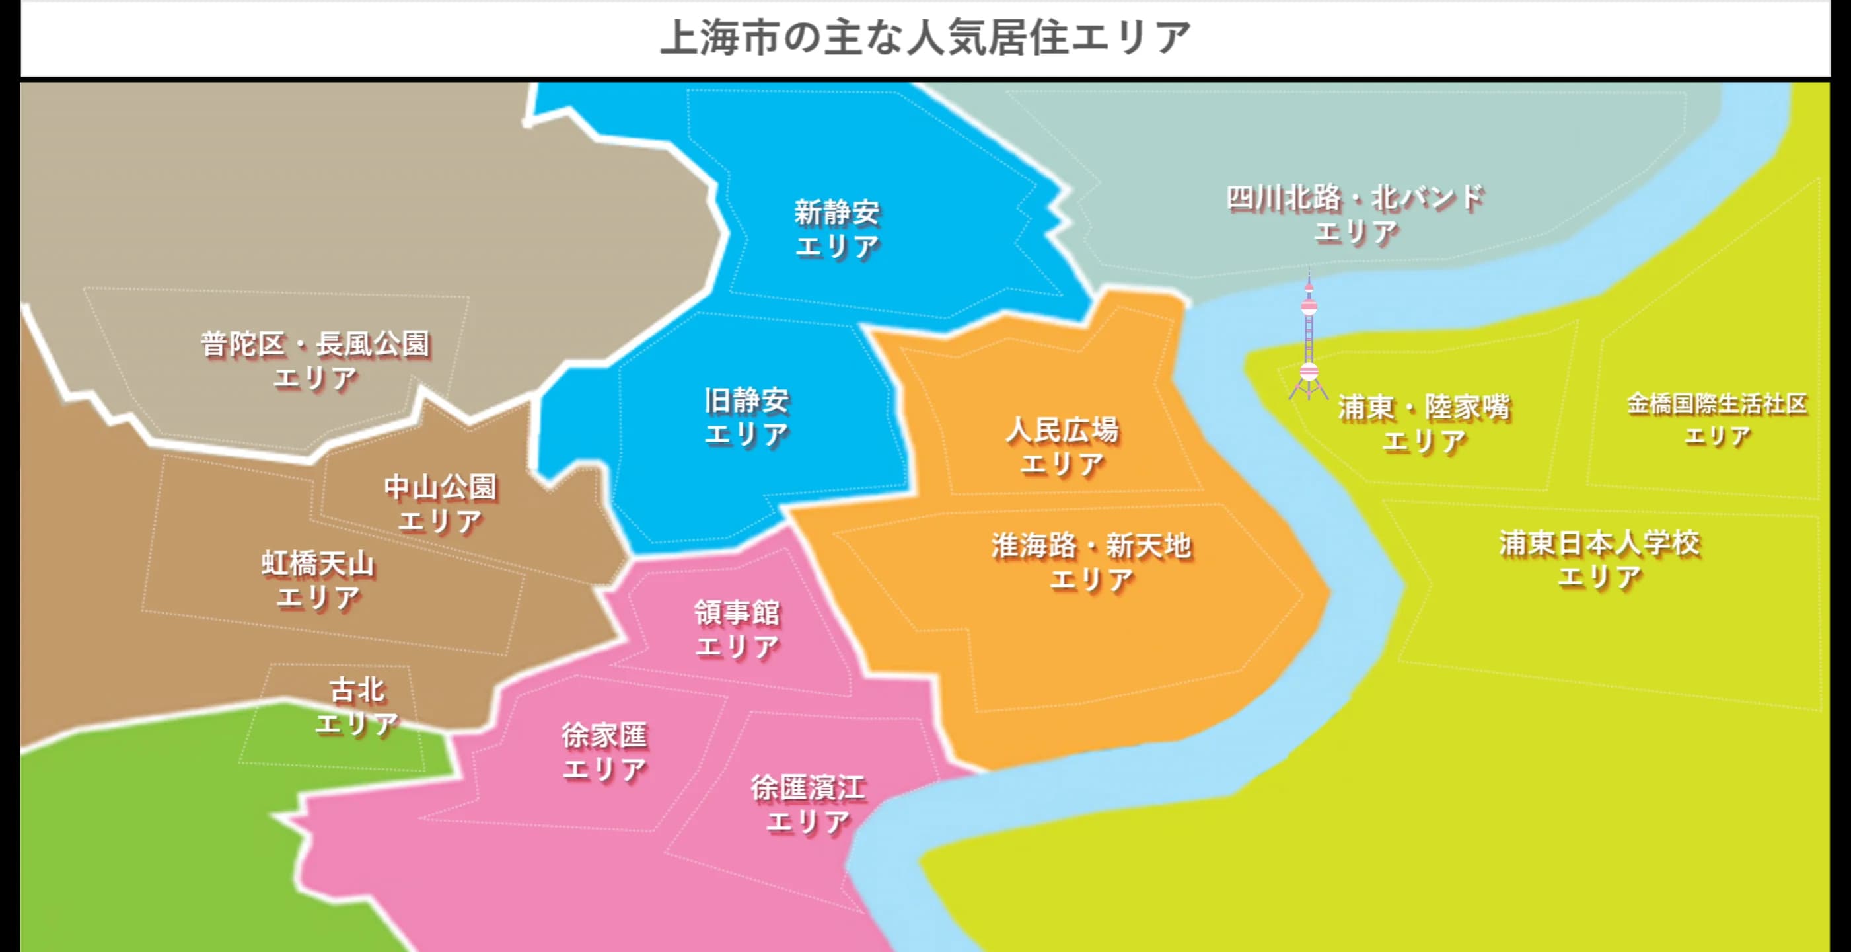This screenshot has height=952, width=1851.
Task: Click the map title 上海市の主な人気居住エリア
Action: [925, 38]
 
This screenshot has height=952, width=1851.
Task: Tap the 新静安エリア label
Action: [837, 229]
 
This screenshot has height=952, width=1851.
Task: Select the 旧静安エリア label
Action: [746, 417]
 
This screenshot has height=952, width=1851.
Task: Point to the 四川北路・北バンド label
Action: [1355, 198]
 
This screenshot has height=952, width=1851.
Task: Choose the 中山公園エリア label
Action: [441, 503]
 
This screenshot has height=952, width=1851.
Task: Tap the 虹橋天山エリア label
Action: [318, 580]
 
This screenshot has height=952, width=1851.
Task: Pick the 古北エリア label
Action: [357, 706]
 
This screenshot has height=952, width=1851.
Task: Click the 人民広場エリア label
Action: [1062, 446]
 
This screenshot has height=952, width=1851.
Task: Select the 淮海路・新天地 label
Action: [1091, 547]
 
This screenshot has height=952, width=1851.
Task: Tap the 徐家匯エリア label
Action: [604, 752]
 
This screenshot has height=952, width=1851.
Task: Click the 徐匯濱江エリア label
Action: [809, 805]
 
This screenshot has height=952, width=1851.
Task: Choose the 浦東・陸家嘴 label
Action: [1424, 409]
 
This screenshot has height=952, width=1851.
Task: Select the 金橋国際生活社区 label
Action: [1717, 404]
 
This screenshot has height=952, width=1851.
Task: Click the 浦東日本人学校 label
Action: [1599, 543]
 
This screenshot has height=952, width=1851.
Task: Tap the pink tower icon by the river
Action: [1309, 338]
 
